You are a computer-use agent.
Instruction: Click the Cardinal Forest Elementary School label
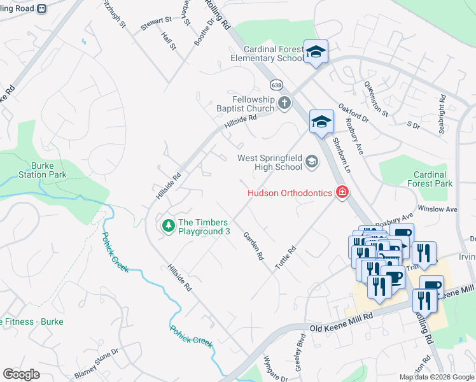[272, 53]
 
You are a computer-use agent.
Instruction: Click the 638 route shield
[276, 85]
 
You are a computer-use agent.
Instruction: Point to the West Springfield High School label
[269, 162]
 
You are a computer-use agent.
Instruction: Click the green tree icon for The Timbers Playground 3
[168, 225]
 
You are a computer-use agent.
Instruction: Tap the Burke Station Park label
[42, 169]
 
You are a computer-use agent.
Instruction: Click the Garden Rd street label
[253, 246]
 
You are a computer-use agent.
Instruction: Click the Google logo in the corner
[21, 374]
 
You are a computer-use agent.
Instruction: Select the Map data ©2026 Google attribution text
[436, 377]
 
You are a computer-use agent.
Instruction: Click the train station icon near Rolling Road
[43, 9]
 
